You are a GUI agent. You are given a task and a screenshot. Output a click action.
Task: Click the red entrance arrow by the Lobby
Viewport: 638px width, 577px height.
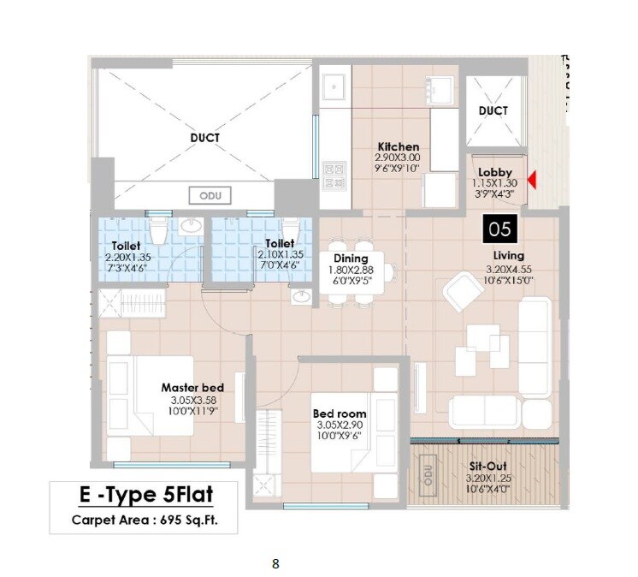[531, 181]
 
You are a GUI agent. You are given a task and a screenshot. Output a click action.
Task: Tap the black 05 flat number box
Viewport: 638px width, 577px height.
[499, 229]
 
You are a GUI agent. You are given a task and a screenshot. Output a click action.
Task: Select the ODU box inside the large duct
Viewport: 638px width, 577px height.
[210, 195]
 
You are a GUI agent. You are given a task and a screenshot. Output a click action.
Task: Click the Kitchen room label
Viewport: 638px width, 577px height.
[398, 146]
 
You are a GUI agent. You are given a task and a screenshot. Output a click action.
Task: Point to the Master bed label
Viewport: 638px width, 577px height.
[192, 388]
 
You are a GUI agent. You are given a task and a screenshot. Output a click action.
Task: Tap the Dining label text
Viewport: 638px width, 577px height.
[351, 259]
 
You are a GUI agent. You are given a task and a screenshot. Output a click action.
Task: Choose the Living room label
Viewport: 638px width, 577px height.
[508, 255]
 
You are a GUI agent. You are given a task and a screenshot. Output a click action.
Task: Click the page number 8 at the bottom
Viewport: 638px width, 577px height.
[275, 563]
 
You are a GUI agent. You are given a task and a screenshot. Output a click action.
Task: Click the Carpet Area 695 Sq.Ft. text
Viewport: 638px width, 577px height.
[141, 519]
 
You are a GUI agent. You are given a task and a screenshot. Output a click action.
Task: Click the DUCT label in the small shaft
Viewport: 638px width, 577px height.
[493, 110]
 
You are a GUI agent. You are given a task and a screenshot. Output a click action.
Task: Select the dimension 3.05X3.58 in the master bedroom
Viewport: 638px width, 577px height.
[192, 399]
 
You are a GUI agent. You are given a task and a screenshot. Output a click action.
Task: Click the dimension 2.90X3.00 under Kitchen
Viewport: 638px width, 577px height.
[398, 158]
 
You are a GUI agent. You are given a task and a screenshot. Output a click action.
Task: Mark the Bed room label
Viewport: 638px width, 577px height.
[340, 414]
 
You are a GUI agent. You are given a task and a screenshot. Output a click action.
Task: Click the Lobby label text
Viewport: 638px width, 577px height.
[495, 172]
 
